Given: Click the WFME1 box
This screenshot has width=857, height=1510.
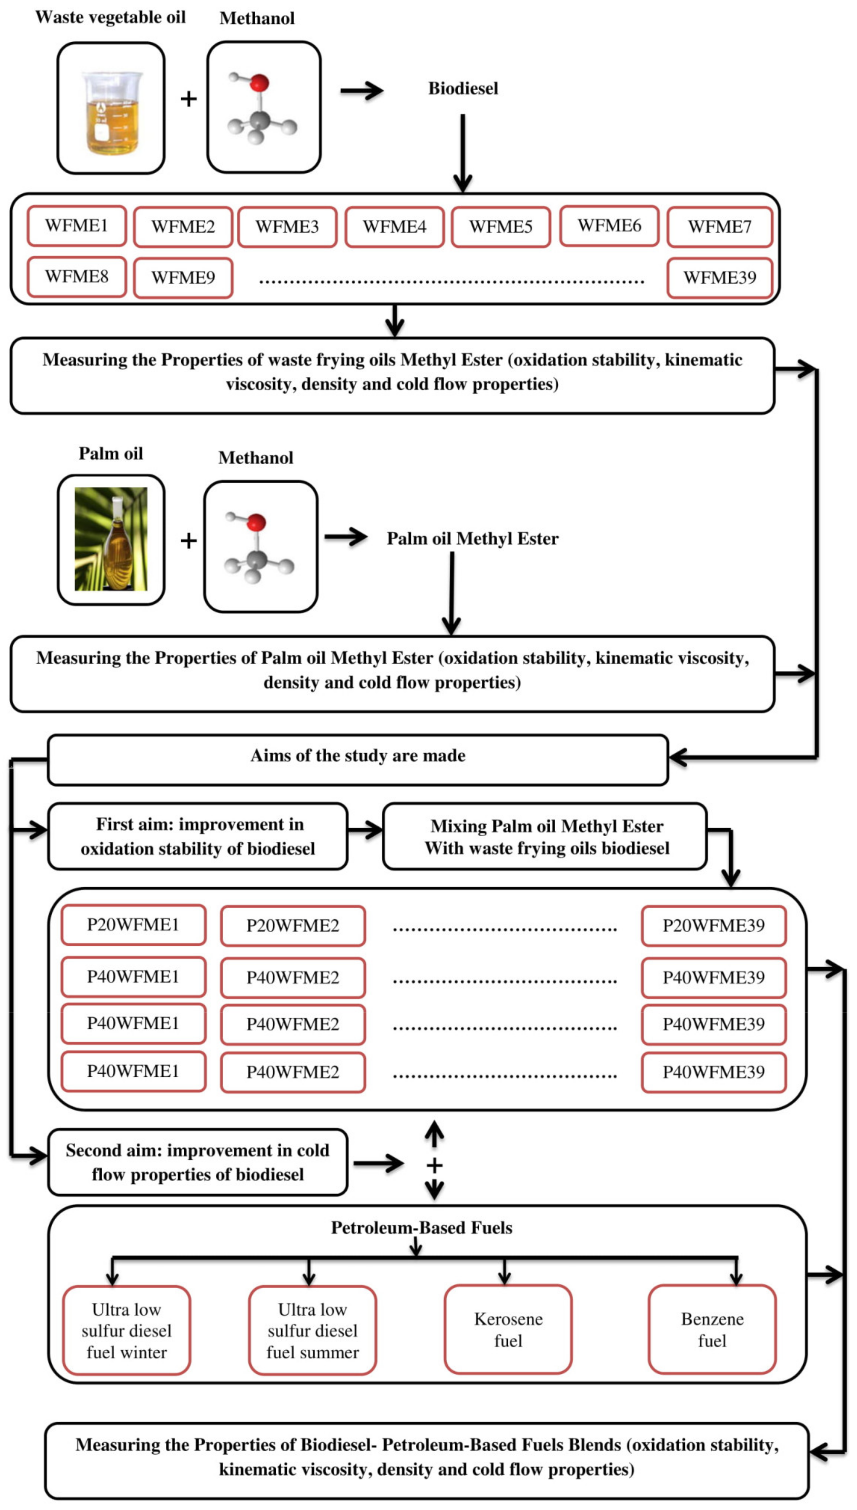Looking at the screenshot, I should click(x=76, y=225).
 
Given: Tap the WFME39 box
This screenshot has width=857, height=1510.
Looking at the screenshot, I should click(x=719, y=277).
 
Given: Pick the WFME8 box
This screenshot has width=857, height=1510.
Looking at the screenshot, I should click(x=76, y=277).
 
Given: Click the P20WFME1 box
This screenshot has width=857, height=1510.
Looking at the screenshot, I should click(x=133, y=925).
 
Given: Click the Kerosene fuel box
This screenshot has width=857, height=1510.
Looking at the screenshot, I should click(x=508, y=1329).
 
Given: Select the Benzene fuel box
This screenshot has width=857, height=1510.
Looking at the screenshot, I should click(x=712, y=1329).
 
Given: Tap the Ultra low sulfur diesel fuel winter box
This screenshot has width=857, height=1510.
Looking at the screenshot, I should click(x=127, y=1331).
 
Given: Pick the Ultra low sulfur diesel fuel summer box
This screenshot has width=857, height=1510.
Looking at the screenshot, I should click(x=313, y=1331).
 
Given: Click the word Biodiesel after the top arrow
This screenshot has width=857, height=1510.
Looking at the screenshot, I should click(x=463, y=88).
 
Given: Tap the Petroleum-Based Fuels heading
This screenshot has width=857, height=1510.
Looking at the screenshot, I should click(x=421, y=1228).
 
